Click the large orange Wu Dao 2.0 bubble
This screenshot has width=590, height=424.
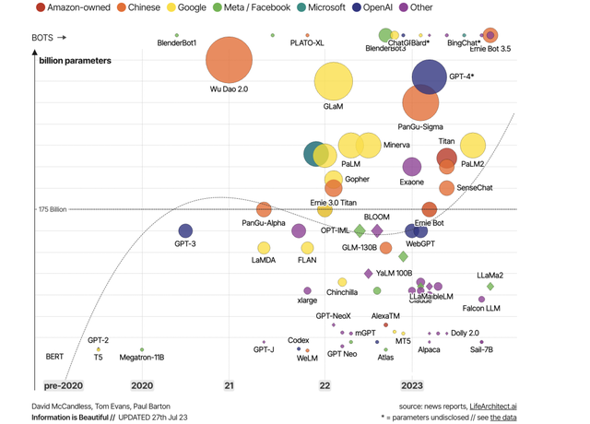(228, 61)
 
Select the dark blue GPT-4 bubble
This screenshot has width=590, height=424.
(431, 77)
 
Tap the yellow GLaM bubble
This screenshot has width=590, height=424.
(333, 82)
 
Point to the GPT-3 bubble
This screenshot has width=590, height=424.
(185, 231)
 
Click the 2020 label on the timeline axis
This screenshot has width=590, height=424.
(142, 385)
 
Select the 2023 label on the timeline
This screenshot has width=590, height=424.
(411, 385)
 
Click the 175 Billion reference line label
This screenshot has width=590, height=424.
(54, 210)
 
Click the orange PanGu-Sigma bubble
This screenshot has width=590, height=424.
(420, 103)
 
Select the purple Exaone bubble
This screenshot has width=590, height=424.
(412, 167)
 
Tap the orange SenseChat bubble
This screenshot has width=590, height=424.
(447, 188)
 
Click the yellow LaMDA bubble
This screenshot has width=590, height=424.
(264, 248)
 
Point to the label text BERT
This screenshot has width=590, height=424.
(54, 356)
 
